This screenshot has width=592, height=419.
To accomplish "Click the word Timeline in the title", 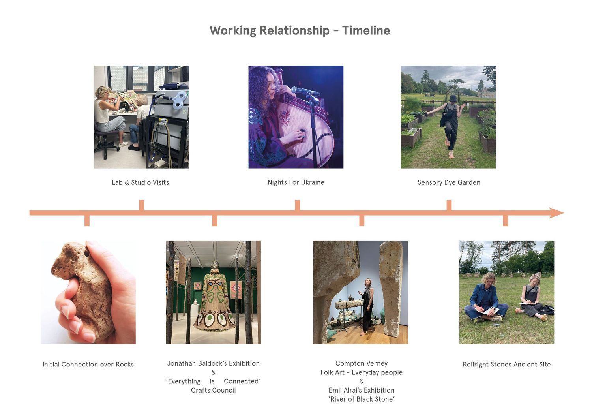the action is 366,30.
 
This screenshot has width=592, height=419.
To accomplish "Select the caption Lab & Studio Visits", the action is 141,182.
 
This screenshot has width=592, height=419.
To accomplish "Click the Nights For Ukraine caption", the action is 296,182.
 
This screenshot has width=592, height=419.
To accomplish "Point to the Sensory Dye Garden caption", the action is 449,182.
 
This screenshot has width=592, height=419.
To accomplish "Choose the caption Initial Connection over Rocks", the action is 88,364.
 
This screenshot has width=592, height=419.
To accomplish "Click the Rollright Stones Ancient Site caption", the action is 507,364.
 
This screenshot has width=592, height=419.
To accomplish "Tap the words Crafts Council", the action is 213,390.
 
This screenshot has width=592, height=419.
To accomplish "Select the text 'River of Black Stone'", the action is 362,399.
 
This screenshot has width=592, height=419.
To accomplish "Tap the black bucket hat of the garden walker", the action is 453,98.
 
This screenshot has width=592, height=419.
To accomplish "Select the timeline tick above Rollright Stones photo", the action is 505,221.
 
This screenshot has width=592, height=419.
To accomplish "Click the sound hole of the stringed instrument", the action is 302,131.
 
